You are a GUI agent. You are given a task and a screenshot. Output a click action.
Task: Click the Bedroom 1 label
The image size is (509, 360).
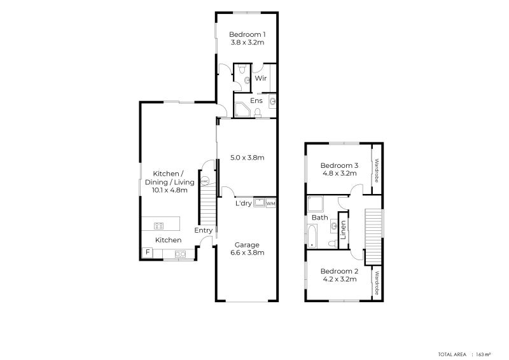247,34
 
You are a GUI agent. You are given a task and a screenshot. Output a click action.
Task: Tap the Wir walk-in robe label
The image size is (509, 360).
260,78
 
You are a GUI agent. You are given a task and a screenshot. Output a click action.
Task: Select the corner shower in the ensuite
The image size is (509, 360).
242,110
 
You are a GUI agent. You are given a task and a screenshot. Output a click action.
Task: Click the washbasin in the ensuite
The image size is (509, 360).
272,101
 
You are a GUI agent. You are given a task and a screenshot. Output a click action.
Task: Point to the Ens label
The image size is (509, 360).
256,100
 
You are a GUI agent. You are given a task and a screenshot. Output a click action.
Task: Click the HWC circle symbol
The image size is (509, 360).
205,181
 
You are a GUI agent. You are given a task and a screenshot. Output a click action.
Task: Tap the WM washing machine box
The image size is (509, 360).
270,204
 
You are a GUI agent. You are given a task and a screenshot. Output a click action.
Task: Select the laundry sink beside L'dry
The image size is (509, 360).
259,204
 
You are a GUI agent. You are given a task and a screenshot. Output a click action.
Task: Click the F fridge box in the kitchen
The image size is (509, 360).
148,253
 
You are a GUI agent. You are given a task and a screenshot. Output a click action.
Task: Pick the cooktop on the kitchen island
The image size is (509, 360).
159,225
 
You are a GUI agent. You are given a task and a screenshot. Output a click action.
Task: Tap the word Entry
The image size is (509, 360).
203,231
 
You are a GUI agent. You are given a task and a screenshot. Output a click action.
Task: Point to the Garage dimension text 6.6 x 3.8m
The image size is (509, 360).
247,253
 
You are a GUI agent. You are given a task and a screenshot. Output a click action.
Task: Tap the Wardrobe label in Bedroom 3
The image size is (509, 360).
377,170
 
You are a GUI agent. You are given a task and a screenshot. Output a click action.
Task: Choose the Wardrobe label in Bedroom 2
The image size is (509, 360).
377,284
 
